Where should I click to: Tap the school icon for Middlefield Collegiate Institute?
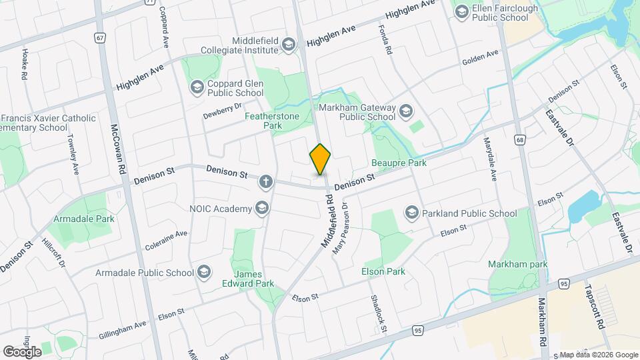[288, 45]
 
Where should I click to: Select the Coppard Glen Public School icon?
[197, 87]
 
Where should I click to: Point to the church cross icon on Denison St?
[266, 181]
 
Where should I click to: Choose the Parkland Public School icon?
[412, 213]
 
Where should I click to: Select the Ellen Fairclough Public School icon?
[461, 11]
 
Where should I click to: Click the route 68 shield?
[519, 139]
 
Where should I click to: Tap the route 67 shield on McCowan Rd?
[99, 38]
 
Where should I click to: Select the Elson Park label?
[383, 271]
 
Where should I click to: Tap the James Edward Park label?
[253, 279]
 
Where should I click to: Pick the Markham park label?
[517, 264]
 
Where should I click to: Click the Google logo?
[22, 351]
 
